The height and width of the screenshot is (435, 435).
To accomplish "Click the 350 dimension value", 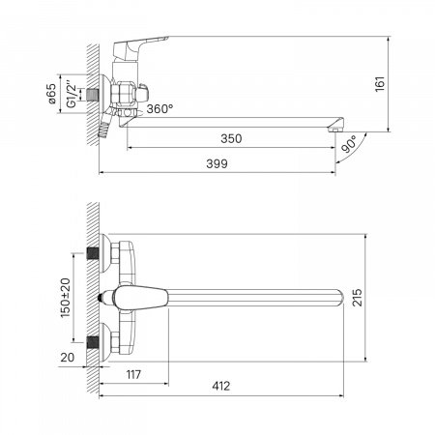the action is (231, 138).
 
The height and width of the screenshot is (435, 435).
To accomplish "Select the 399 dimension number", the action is (217, 163).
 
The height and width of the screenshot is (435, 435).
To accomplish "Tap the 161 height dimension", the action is (380, 84).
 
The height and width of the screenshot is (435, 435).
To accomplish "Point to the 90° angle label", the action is (350, 144).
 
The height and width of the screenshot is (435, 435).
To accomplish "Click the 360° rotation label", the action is (159, 109).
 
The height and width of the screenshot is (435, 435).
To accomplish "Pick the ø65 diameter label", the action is (51, 94).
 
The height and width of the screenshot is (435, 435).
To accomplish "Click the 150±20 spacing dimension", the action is (66, 298).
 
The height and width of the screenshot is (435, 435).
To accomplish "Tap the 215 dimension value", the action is (357, 298).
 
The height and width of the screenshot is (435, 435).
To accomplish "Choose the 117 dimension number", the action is (133, 374).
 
